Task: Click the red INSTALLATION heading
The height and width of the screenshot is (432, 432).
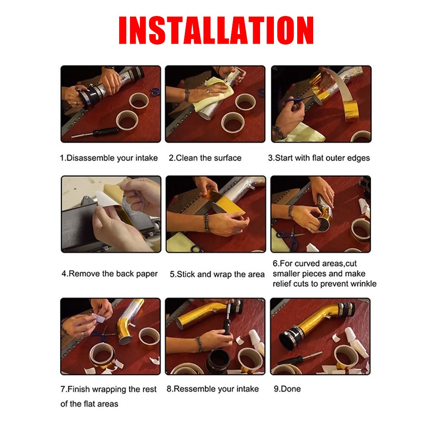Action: pos(216,30)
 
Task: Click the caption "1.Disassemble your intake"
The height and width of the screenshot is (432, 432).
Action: pos(109,158)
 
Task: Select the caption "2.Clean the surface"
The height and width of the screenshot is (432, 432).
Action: pos(205,158)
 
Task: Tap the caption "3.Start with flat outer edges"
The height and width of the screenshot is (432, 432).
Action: pos(319,158)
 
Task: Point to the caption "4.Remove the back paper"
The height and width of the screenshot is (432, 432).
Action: pos(110,274)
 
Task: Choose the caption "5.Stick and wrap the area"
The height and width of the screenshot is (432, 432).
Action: pos(217,274)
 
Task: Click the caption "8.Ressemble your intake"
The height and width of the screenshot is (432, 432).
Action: pos(213,389)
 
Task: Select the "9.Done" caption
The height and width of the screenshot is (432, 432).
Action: pos(287,389)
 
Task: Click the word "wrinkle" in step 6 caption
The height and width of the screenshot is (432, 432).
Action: pos(363,284)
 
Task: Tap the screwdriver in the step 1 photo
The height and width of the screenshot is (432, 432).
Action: pos(95,133)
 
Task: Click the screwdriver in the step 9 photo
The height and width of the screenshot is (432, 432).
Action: pos(299,358)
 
